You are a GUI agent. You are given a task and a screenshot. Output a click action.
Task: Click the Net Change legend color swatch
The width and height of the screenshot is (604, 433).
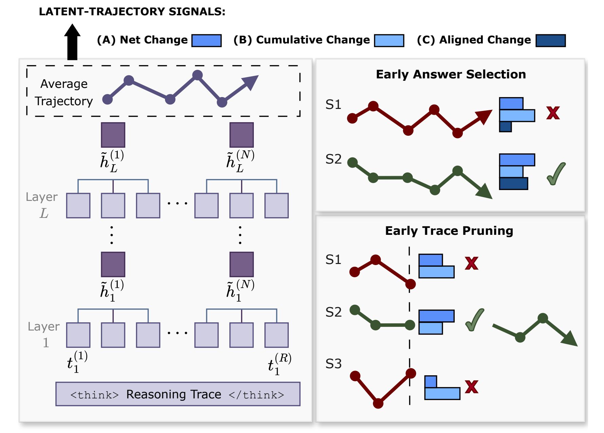coord(206,40)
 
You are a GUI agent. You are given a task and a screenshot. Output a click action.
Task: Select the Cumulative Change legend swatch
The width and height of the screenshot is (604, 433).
coord(389,40)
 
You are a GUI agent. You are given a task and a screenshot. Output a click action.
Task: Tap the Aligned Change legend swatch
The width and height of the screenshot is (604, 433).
coord(550,40)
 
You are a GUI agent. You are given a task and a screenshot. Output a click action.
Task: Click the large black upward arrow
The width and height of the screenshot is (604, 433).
coord(72,42)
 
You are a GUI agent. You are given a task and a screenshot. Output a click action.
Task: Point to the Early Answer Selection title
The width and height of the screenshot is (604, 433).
coord(451,74)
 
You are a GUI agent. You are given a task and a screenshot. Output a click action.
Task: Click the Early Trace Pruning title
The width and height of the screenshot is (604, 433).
coord(449,231)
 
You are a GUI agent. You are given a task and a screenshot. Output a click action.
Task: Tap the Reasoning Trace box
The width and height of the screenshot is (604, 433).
coord(178,394)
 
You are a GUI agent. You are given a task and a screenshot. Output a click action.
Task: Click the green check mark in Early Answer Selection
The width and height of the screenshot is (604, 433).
coord(556,174)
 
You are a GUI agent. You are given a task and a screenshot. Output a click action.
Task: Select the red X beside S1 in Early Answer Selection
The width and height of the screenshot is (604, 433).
coord(553,113)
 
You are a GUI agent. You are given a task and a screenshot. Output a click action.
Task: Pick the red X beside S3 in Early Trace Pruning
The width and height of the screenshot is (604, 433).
coord(472,387)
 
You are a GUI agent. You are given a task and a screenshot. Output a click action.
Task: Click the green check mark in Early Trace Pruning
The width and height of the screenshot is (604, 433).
coord(474,320)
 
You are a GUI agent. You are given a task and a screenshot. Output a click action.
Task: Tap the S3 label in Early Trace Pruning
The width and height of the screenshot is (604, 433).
coord(333,364)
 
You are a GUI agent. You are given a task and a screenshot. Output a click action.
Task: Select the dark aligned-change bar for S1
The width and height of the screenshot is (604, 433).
coord(505,127)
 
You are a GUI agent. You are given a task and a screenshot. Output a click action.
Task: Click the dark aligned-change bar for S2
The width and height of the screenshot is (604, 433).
coord(513,183)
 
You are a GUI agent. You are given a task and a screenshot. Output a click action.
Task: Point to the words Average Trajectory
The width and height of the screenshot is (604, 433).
coord(64,92)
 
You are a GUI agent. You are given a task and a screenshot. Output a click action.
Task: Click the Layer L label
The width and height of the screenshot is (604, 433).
coord(42,205)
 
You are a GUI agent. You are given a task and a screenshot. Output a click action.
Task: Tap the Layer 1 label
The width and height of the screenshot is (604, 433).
coord(44,335)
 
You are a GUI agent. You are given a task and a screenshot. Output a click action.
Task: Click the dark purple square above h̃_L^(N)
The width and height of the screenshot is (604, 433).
coord(242,135)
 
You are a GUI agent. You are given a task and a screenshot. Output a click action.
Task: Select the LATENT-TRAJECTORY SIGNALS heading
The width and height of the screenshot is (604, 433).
coord(132,12)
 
